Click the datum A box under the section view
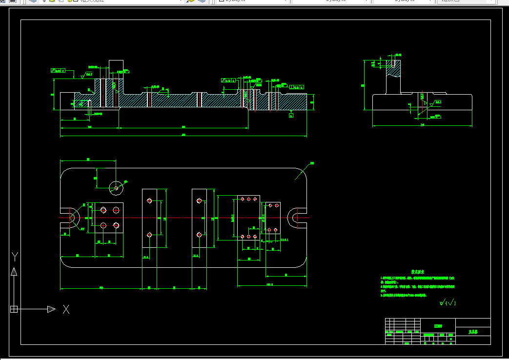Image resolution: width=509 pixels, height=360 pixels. click(291, 116)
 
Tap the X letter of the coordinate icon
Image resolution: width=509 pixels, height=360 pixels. click(66, 309)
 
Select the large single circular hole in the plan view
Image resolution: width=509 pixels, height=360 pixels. click(116, 186)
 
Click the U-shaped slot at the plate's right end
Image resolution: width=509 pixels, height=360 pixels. click(297, 218)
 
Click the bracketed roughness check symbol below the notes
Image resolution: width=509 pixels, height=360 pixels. click(448, 303)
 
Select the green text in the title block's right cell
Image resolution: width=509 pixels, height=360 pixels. click(472, 331)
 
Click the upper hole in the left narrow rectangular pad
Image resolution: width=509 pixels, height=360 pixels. click(149, 200)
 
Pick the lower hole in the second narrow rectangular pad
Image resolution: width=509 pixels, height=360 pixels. click(199, 235)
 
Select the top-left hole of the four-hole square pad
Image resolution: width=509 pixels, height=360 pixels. click(103, 210)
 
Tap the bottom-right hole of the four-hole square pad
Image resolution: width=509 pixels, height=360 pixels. click(116, 225)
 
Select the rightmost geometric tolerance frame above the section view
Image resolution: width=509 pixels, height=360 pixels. click(297, 87)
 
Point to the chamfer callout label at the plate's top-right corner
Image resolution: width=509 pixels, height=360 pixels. click(312, 163)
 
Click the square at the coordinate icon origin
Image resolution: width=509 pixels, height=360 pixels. click(14, 309)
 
